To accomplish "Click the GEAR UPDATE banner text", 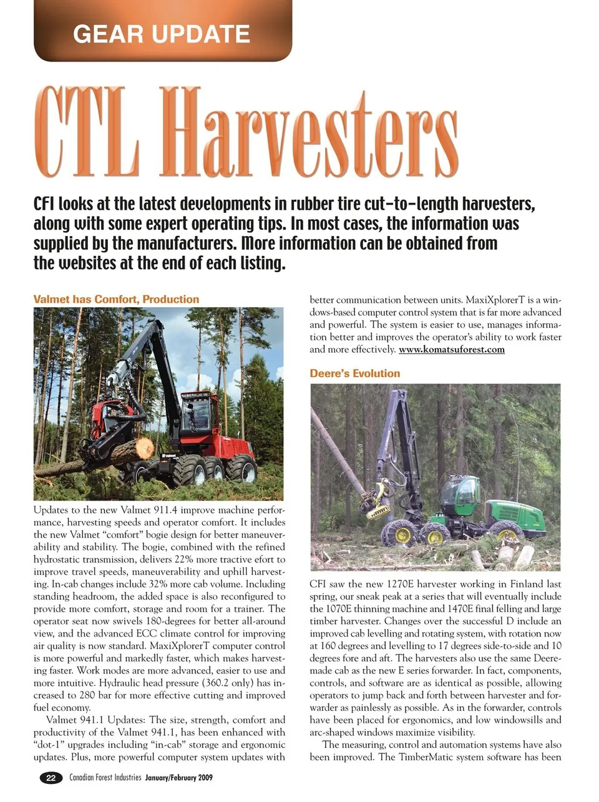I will pyautogui.click(x=162, y=33).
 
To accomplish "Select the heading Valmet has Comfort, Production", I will pyautogui.click(x=116, y=299).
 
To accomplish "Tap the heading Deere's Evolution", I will pyautogui.click(x=354, y=373).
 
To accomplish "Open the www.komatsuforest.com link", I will pyautogui.click(x=451, y=350).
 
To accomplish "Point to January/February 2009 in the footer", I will pyautogui.click(x=179, y=778).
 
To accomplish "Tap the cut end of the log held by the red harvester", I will pyautogui.click(x=144, y=447).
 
